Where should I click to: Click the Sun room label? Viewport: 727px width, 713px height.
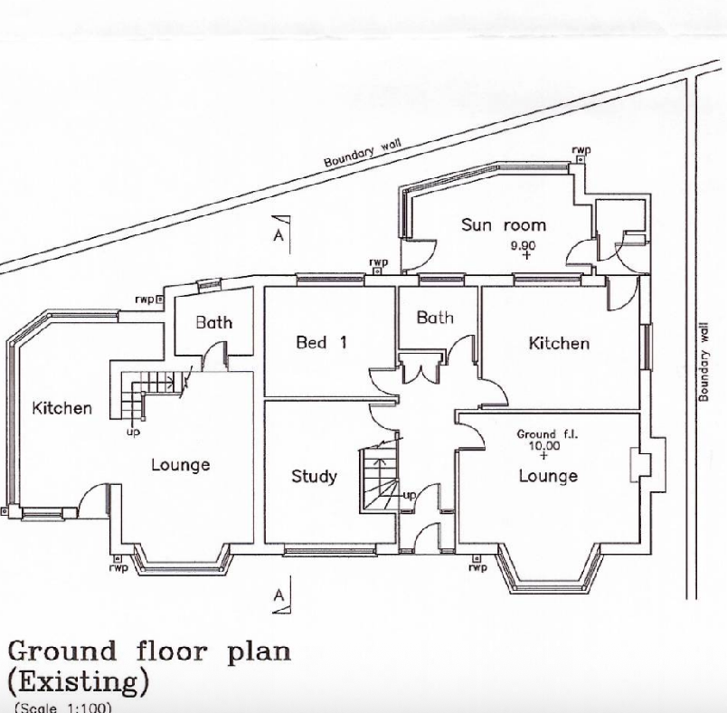coord(504,225)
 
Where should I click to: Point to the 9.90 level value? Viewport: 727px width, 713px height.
coord(524,245)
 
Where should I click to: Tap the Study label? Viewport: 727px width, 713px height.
coord(314,476)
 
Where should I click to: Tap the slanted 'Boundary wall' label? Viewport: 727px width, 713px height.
coord(362,153)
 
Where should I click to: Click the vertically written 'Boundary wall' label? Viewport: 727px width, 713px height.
coord(703,362)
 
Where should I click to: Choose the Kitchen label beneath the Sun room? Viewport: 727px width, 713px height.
coord(559,343)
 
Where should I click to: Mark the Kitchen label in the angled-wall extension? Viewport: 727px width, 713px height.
coord(61,408)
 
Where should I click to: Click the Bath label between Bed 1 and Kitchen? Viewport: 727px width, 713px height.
coord(434,318)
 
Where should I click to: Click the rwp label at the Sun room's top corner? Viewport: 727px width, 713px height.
coord(581,150)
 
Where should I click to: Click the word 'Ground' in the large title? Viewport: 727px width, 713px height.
coord(62,651)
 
